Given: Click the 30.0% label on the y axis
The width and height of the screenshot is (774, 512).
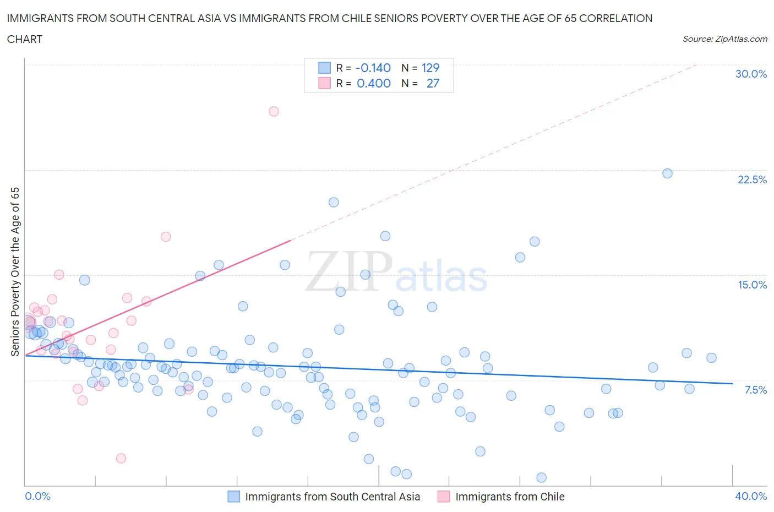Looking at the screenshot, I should tap(751, 74).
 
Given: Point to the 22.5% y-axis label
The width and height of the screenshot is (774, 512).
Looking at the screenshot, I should tap(752, 179).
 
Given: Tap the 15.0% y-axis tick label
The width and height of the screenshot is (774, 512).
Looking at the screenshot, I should tap(752, 285).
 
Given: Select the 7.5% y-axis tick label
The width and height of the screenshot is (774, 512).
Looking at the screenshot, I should tap(755, 390).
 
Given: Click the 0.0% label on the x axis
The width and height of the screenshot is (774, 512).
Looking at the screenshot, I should tap(37, 496).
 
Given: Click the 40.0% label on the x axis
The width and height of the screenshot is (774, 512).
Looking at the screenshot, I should tap(751, 496).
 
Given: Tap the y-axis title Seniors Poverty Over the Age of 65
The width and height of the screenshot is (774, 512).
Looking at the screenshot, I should tap(15, 271).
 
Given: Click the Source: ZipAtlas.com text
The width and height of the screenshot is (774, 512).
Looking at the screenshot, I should tap(724, 39).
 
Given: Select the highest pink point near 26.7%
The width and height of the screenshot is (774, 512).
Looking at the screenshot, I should tap(274, 111).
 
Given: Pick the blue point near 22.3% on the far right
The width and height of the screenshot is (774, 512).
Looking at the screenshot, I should tap(667, 173).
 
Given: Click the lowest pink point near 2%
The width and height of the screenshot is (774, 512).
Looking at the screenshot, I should tap(121, 458).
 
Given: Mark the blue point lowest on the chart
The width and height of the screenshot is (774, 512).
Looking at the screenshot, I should tap(541, 477).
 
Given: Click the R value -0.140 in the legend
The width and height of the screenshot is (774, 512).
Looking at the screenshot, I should tap(373, 68).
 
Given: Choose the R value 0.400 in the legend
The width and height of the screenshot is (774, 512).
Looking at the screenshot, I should tap(373, 83).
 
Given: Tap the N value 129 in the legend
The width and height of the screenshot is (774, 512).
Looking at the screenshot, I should tap(430, 68).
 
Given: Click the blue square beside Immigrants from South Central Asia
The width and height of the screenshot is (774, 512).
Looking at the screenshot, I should tap(234, 497).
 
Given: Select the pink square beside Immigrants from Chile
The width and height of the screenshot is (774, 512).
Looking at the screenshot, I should tap(444, 497).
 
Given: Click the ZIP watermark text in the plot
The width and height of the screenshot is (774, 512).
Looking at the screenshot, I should tap(349, 271).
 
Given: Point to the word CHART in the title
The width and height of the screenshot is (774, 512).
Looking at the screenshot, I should tap(25, 39).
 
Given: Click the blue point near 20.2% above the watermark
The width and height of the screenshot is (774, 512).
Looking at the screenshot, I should tap(334, 202).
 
